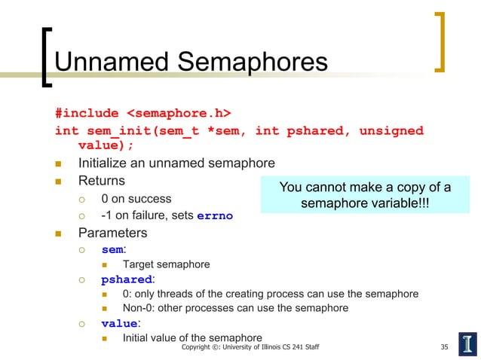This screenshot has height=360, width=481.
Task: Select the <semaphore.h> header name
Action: [x=178, y=114]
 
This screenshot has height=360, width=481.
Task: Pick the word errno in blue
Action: [x=215, y=216]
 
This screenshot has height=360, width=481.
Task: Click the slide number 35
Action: [x=445, y=347]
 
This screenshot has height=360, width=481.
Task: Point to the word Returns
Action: [x=102, y=181]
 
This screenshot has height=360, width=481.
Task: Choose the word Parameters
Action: [x=112, y=233]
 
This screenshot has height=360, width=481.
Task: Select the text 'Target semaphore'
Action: [x=166, y=264]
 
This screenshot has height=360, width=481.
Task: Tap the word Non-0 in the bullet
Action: [x=139, y=308]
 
